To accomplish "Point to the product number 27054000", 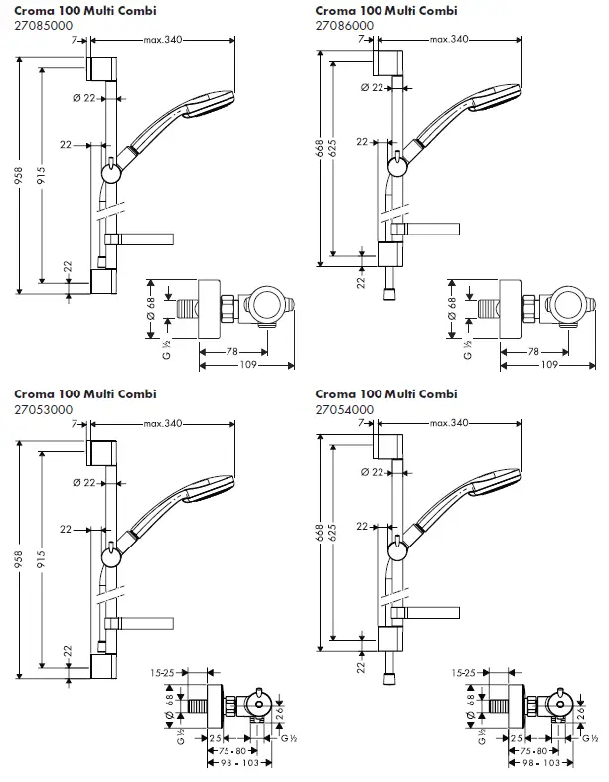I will coord(348,409).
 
